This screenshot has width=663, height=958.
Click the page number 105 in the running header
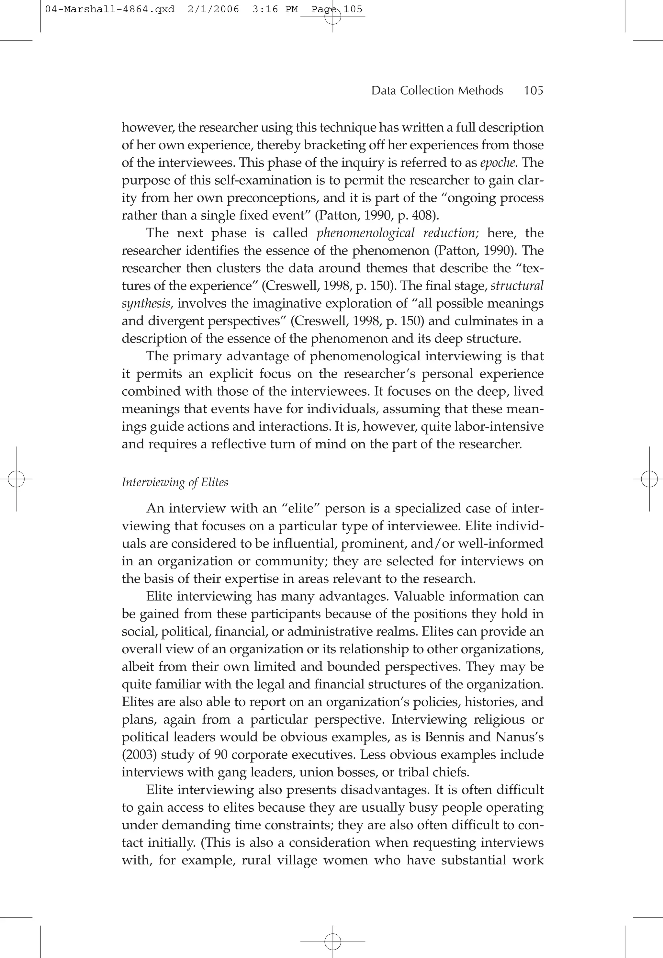(534, 91)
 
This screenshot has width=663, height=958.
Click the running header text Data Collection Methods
(437, 91)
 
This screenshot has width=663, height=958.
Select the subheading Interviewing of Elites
(175, 482)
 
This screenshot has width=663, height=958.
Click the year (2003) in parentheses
(139, 755)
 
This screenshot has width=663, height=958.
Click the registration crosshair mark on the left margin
(16, 479)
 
